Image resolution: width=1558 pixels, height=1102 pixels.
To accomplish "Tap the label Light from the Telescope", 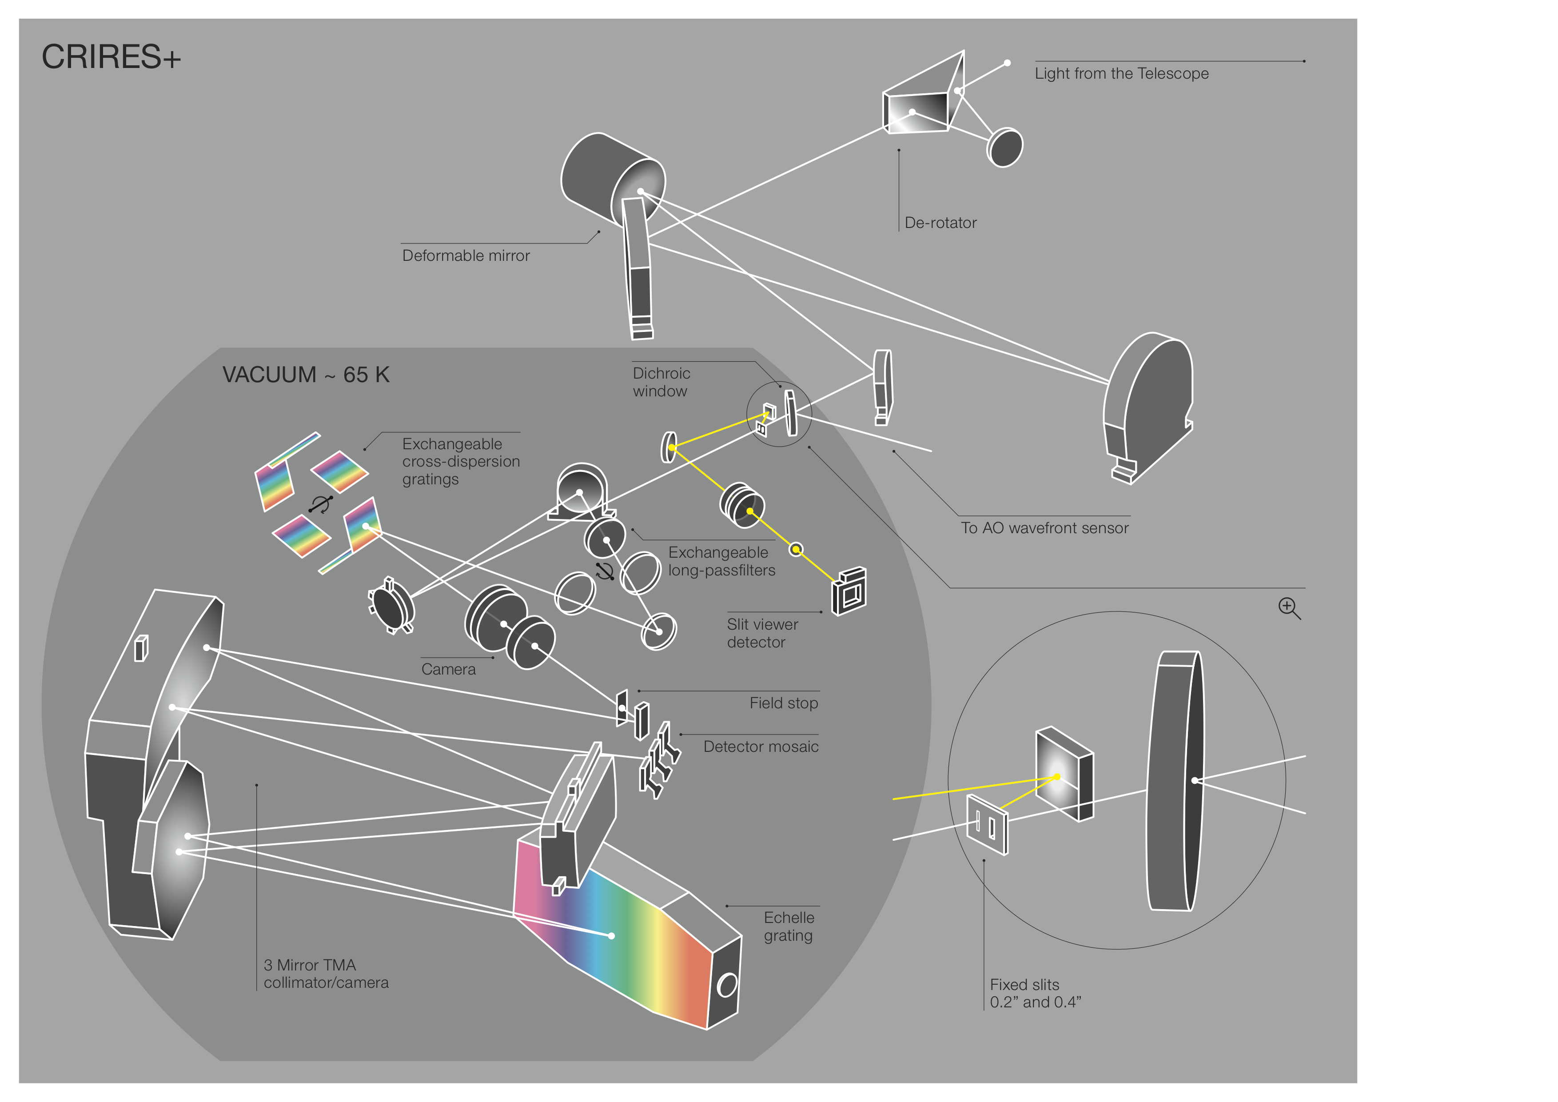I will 1121,73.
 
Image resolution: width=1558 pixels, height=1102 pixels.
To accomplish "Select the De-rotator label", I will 940,223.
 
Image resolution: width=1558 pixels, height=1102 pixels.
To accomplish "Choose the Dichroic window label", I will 661,382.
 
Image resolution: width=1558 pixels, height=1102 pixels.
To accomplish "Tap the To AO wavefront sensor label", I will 1044,528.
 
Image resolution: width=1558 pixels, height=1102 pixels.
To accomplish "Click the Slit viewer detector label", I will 762,633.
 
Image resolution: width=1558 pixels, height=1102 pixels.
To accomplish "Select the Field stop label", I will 784,703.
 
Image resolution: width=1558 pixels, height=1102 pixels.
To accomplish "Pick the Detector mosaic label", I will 761,747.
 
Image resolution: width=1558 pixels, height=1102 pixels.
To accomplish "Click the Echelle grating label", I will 789,926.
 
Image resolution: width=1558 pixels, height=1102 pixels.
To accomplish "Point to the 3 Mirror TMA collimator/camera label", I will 326,974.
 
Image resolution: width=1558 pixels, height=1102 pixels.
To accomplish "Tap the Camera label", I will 449,669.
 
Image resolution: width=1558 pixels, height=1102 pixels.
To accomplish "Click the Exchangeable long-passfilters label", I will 721,561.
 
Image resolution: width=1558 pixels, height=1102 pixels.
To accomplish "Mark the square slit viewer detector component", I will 849,592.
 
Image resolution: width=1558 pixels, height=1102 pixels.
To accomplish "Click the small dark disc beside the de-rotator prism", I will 1004,147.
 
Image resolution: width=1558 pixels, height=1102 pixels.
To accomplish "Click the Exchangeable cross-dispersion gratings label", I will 461,461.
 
